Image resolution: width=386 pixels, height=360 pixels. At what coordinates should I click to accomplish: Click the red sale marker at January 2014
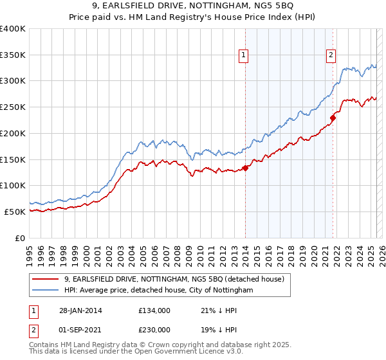pyautogui.click(x=246, y=168)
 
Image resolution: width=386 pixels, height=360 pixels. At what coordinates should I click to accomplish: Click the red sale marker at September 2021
pyautogui.click(x=333, y=118)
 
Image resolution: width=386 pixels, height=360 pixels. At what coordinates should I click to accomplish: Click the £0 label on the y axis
pyautogui.click(x=21, y=237)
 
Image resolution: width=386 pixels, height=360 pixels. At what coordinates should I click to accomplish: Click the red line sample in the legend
pyautogui.click(x=47, y=279)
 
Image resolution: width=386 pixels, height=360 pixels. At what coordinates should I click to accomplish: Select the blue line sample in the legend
pyautogui.click(x=47, y=291)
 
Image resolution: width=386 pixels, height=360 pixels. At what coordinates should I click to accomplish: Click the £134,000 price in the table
pyautogui.click(x=154, y=310)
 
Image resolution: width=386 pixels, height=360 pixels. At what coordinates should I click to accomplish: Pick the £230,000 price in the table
pyautogui.click(x=154, y=330)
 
